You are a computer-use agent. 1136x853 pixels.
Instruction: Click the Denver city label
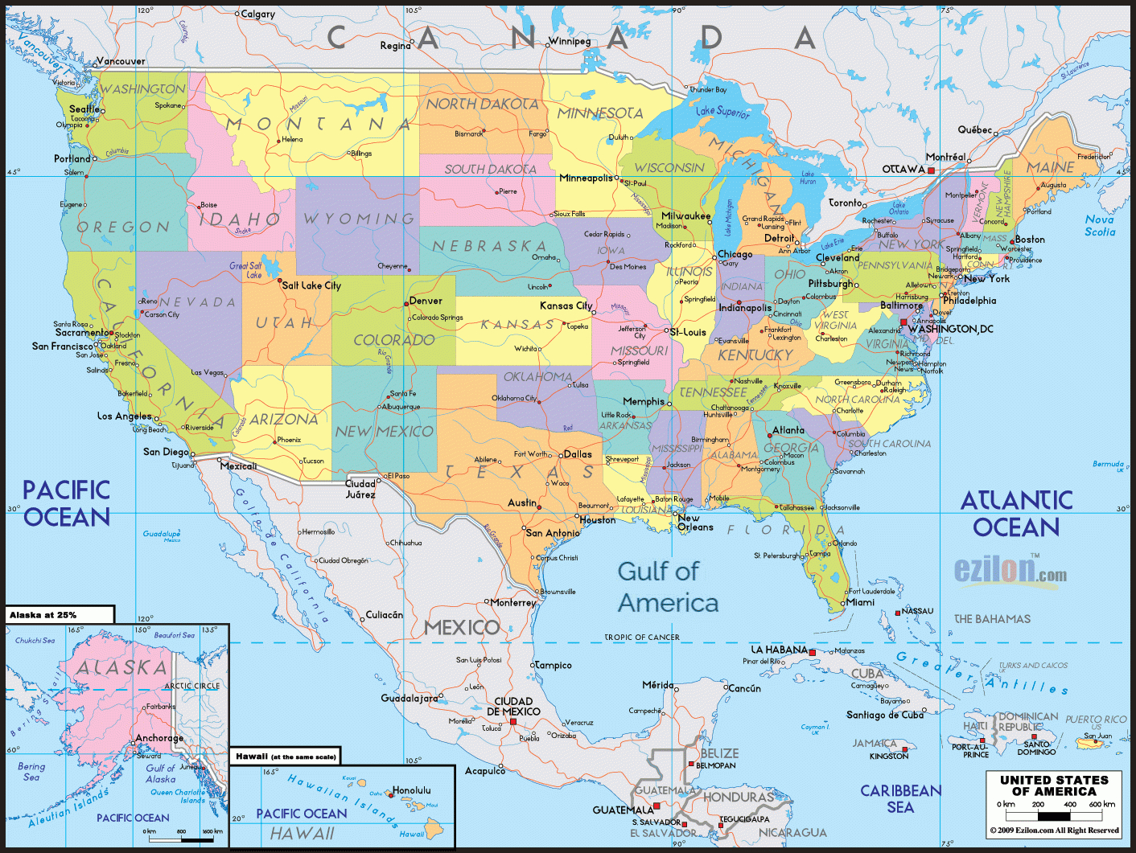coord(426,301)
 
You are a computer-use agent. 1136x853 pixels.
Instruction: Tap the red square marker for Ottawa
coord(931,170)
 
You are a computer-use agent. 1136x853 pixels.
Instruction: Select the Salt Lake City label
coord(311,285)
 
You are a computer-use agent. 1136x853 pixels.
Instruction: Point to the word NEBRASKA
coord(489,246)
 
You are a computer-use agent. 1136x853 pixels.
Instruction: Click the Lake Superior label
coord(722,112)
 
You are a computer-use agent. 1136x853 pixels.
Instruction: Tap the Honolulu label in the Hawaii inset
coord(411,790)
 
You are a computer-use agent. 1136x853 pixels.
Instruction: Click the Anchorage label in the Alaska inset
coord(159,738)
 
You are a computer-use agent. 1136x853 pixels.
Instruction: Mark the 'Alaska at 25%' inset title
coord(43,615)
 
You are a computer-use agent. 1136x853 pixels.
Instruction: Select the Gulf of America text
coord(668,587)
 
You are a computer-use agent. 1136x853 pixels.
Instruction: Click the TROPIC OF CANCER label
coord(642,637)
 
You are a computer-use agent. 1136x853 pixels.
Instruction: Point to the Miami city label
coord(860,602)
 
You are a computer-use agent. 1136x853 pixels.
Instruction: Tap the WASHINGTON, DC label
coord(950,329)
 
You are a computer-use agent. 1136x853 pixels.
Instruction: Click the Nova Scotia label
coord(1100,225)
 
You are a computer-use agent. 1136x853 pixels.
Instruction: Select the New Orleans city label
coord(695,523)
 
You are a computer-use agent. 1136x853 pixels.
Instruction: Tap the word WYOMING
coord(359,219)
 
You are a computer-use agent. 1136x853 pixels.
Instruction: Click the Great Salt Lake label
coord(245,270)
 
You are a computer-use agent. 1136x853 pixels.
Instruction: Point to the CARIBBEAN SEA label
coord(900,799)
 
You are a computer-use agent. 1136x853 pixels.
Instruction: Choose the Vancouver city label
coord(121,61)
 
